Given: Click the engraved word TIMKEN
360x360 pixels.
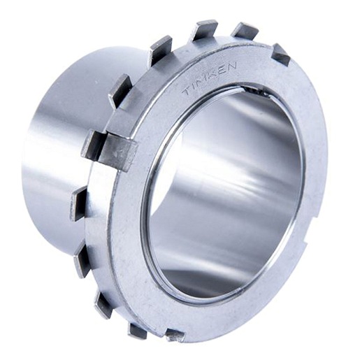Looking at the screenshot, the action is point(210,79).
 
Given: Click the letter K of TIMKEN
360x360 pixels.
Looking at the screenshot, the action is point(215,74).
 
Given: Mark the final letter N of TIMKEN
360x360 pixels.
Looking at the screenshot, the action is point(231,66).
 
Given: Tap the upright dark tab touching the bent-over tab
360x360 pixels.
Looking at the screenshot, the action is point(92,145).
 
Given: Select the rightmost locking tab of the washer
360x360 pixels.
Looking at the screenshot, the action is point(282,55).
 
